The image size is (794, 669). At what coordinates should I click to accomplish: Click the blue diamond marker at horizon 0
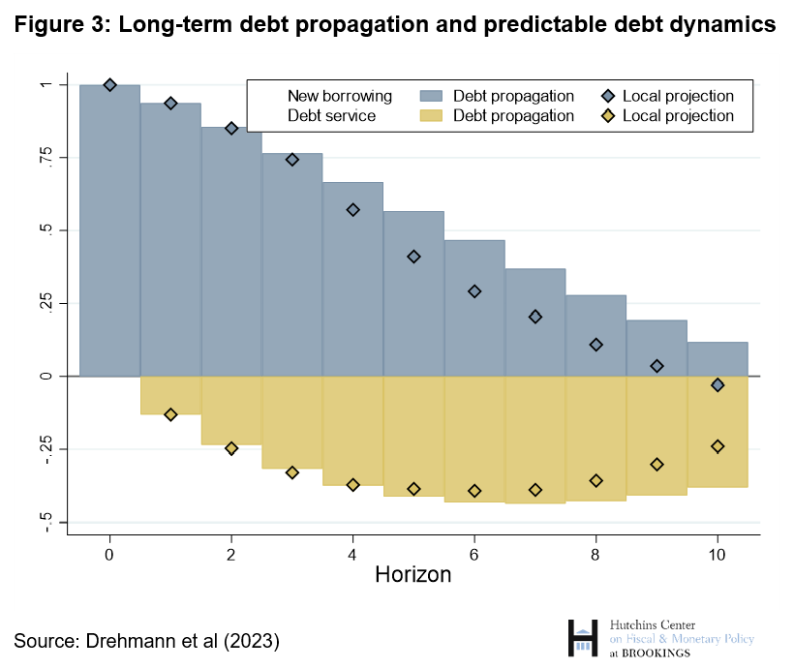[109, 85]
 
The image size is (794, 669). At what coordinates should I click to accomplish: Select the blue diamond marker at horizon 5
[413, 257]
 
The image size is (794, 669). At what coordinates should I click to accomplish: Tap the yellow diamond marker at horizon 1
[170, 414]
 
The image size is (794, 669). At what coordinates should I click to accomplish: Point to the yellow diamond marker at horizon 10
[718, 446]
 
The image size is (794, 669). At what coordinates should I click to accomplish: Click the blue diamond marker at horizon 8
[596, 345]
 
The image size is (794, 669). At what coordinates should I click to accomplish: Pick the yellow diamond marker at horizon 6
[474, 491]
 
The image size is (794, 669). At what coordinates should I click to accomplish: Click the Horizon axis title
[413, 574]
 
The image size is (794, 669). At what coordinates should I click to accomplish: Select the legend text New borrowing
[339, 96]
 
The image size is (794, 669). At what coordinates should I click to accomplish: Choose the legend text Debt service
[333, 115]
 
